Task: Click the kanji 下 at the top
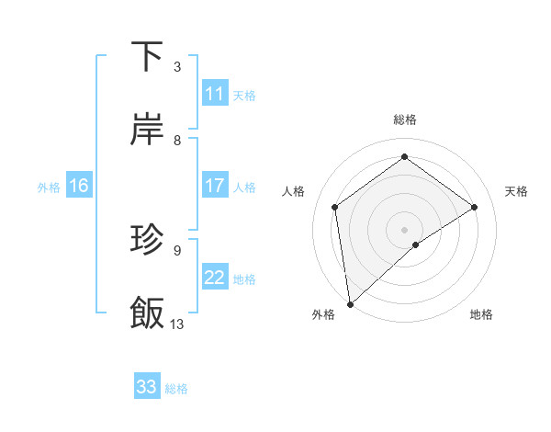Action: (148, 57)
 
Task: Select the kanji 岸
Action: (148, 131)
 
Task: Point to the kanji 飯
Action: (148, 313)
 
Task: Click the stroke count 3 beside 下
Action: (177, 67)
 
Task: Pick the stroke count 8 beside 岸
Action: (177, 141)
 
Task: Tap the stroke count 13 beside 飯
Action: (177, 324)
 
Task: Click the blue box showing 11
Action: (215, 94)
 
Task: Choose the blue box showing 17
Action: (215, 186)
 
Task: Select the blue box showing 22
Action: (215, 278)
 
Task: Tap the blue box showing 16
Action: (79, 186)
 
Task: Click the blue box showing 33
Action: (147, 387)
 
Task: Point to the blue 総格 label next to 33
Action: (176, 389)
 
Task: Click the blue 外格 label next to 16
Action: (49, 188)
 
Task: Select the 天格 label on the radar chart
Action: (517, 191)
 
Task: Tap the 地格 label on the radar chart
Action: (481, 314)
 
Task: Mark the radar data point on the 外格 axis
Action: (350, 303)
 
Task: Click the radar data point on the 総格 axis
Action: (404, 156)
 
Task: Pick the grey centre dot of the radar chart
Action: (404, 229)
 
